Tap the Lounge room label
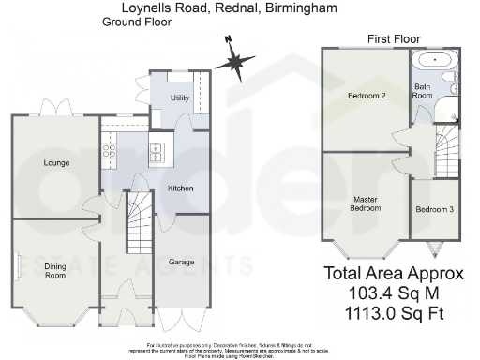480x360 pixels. click(56, 163)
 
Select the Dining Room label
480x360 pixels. click(56, 273)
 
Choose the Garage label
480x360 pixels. click(181, 262)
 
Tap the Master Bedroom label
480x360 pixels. click(366, 203)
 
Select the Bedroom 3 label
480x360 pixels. click(434, 209)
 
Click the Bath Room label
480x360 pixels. click(423, 91)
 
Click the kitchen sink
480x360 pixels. click(110, 147)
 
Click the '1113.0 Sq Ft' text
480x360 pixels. click(394, 310)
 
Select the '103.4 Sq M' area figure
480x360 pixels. click(394, 292)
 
